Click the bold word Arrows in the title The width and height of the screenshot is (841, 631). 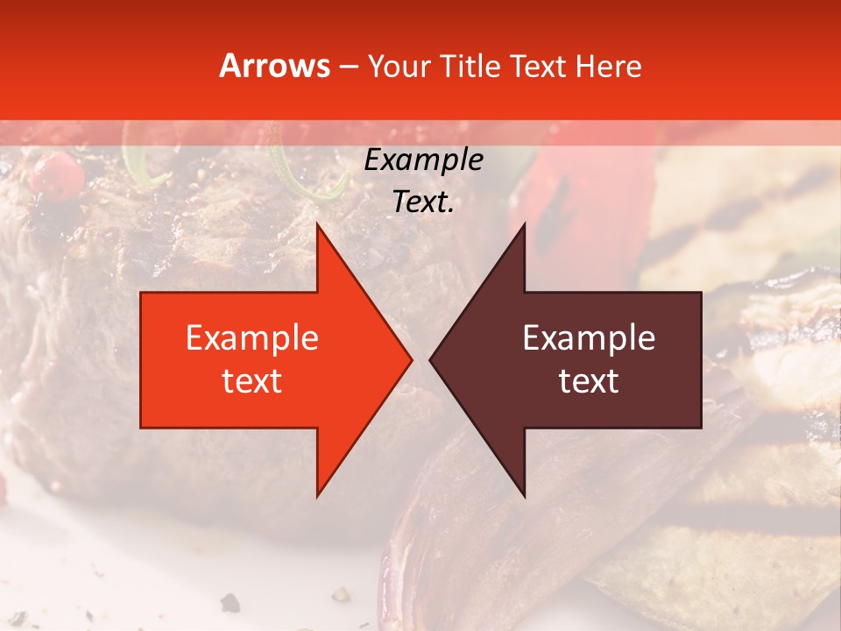click(275, 66)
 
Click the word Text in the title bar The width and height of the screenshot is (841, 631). click(539, 67)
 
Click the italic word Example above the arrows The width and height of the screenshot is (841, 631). click(423, 160)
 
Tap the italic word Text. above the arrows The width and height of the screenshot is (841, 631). click(423, 202)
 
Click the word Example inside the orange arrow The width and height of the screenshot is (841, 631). click(252, 337)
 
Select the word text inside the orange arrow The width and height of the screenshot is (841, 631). click(252, 380)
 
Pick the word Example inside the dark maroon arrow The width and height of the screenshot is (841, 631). click(589, 337)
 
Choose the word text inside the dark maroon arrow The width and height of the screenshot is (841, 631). click(589, 380)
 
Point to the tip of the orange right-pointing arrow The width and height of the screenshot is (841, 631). click(412, 359)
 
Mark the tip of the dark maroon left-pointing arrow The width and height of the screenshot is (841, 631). click(430, 359)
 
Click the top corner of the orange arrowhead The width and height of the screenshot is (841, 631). click(317, 223)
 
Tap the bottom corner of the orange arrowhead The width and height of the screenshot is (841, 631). click(317, 496)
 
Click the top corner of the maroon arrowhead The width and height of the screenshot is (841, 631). click(525, 223)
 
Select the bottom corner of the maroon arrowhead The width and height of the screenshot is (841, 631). click(525, 496)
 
